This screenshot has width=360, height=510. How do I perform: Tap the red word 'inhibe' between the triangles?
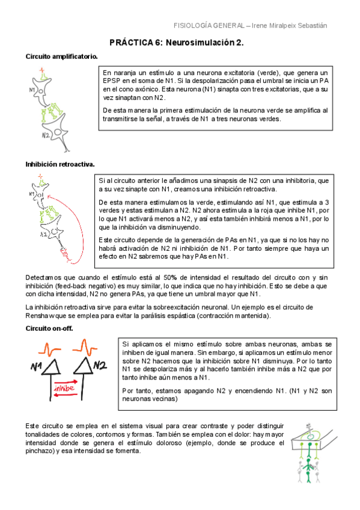(64, 389)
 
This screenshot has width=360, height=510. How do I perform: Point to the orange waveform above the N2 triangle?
(84, 347)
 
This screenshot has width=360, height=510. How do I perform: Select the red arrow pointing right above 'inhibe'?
(65, 381)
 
